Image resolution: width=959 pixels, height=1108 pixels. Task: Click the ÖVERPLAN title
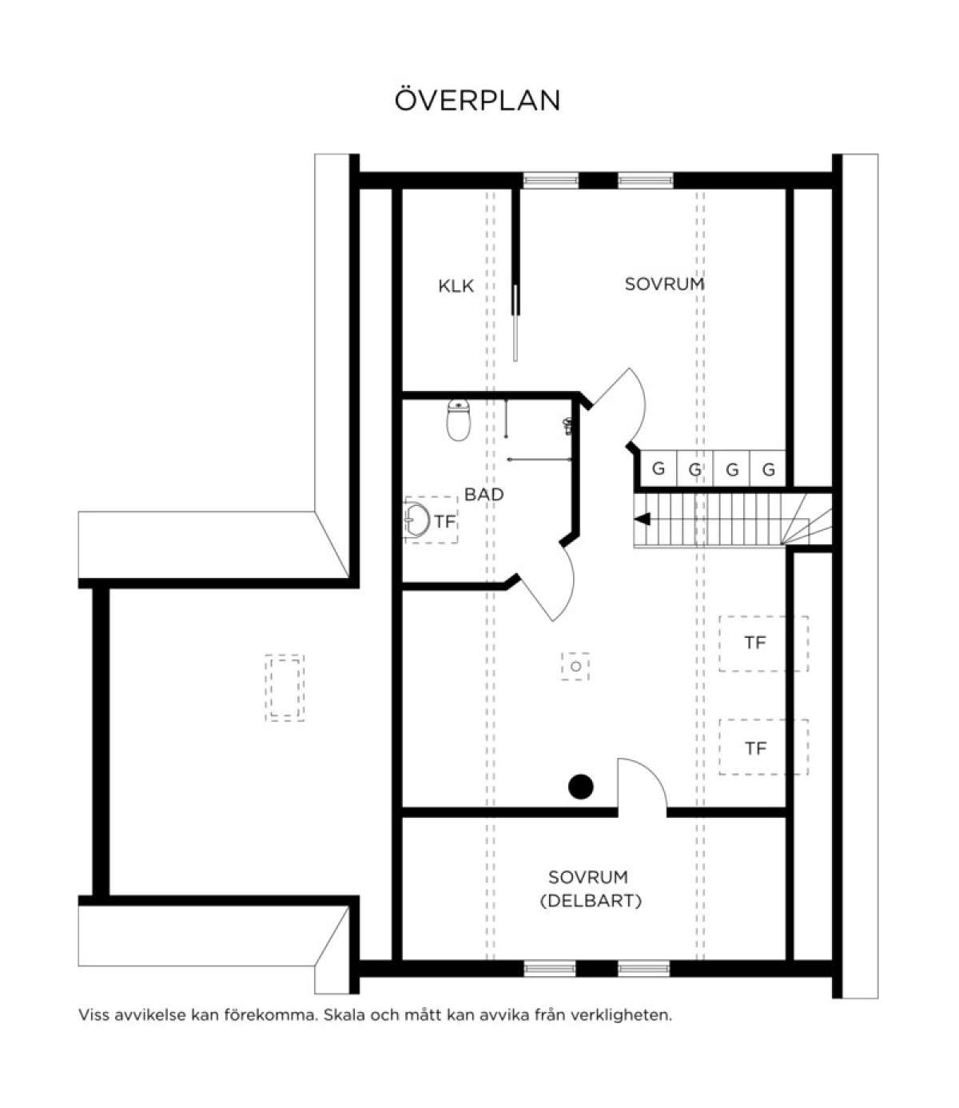pyautogui.click(x=477, y=100)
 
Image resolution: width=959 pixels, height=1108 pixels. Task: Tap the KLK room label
pyautogui.click(x=456, y=286)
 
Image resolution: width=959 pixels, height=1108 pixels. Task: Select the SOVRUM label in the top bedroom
pyautogui.click(x=664, y=284)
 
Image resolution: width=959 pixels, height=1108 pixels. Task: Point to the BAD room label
pyautogui.click(x=483, y=494)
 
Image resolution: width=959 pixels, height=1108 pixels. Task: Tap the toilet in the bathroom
pyautogui.click(x=459, y=420)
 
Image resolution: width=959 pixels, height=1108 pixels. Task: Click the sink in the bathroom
pyautogui.click(x=417, y=520)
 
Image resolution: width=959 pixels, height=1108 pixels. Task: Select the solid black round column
pyautogui.click(x=581, y=787)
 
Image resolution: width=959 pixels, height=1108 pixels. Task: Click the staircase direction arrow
pyautogui.click(x=643, y=519)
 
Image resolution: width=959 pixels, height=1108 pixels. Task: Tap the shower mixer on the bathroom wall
pyautogui.click(x=567, y=425)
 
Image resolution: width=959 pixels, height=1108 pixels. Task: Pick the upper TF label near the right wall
pyautogui.click(x=755, y=643)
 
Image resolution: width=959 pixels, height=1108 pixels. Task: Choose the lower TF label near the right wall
pyautogui.click(x=756, y=748)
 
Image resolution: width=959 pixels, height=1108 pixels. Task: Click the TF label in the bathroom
pyautogui.click(x=444, y=521)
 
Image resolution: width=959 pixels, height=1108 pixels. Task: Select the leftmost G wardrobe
pyautogui.click(x=659, y=468)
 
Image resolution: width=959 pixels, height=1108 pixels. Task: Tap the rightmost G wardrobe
pyautogui.click(x=768, y=468)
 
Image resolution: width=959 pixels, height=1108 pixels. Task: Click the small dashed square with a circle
pyautogui.click(x=575, y=667)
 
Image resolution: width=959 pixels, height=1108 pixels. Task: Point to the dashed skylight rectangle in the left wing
pyautogui.click(x=285, y=688)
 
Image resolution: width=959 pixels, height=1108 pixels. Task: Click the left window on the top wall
pyautogui.click(x=551, y=180)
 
